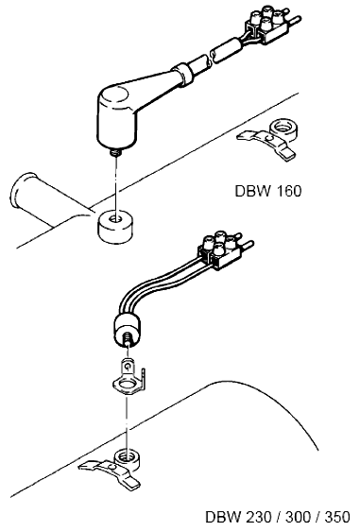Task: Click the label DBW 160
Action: pyautogui.click(x=267, y=191)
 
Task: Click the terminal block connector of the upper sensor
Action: pyautogui.click(x=268, y=26)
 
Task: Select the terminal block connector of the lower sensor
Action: pyautogui.click(x=222, y=251)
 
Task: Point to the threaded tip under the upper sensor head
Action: pyautogui.click(x=116, y=153)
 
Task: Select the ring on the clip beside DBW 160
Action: pyautogui.click(x=283, y=130)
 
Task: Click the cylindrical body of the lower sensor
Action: pyautogui.click(x=127, y=329)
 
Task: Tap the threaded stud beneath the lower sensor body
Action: pyautogui.click(x=128, y=339)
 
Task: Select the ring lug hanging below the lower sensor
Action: pyautogui.click(x=129, y=377)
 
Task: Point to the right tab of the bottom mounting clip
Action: pyautogui.click(x=131, y=481)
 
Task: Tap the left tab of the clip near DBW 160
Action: pyautogui.click(x=245, y=135)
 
